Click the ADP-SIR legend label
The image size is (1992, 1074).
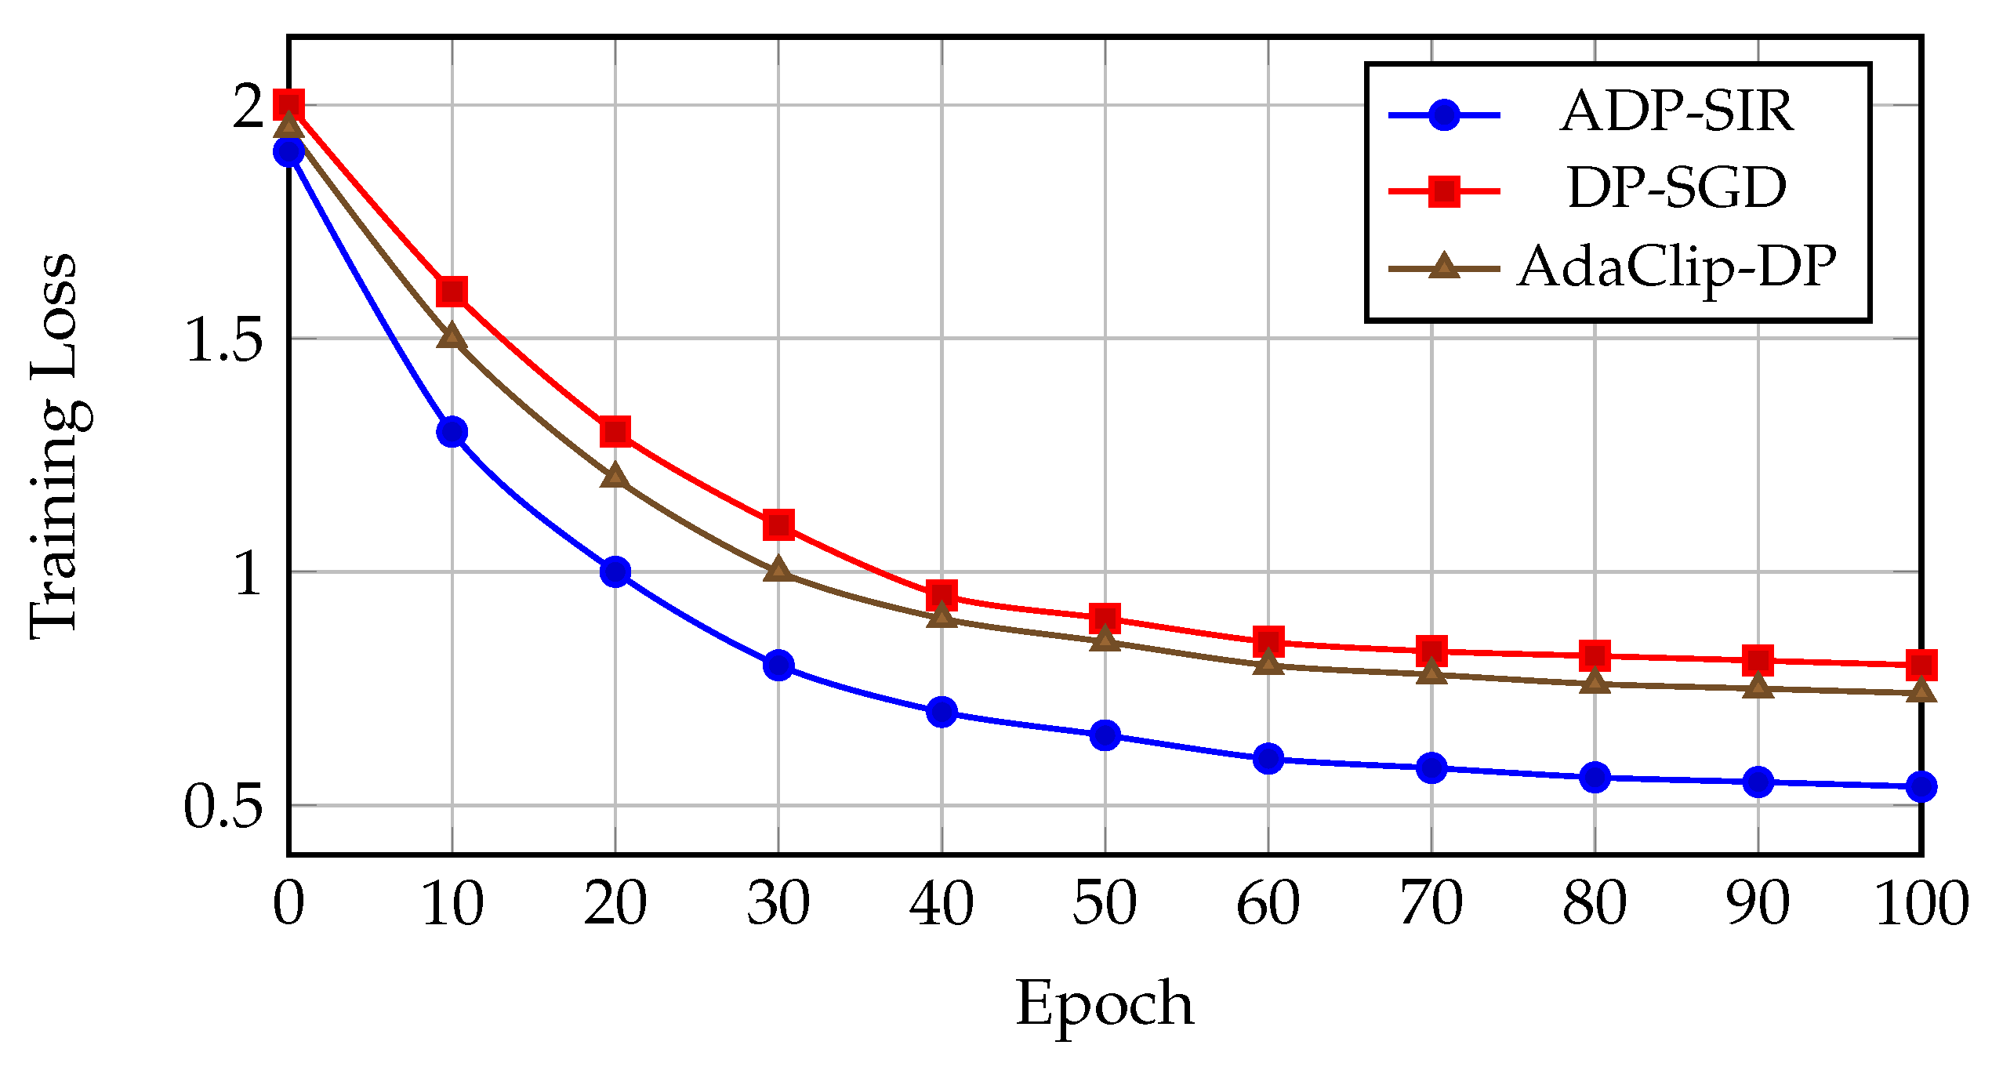(1676, 112)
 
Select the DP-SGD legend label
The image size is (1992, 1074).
(1676, 188)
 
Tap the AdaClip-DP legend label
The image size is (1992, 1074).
(1676, 267)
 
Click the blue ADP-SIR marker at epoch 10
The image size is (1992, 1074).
(452, 431)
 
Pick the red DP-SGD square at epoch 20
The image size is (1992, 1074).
(615, 431)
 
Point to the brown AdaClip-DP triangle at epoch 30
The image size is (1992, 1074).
(778, 569)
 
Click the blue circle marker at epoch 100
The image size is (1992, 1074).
(1921, 786)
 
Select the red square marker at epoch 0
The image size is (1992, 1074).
(288, 104)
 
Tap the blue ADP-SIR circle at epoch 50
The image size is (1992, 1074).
(1105, 735)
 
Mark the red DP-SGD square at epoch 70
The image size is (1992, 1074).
(1431, 650)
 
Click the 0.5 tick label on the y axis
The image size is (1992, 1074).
(223, 807)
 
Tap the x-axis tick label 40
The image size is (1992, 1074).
(942, 903)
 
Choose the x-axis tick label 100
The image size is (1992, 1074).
(1921, 903)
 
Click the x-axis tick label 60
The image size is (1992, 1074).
(1268, 903)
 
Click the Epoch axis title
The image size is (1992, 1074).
(1105, 1004)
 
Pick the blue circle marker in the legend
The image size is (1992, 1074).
(1444, 115)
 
